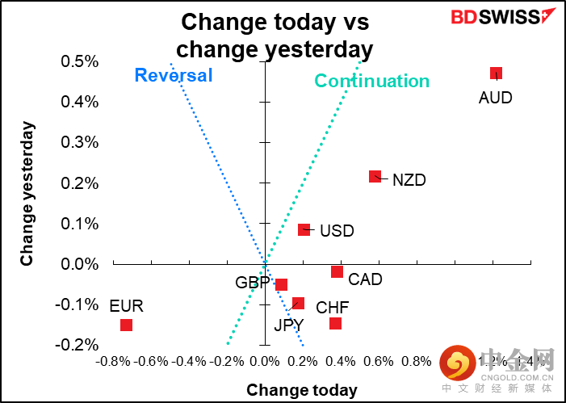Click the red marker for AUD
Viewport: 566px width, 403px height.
tap(496, 73)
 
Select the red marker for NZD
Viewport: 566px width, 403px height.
tap(375, 176)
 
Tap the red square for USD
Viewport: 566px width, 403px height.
tap(304, 229)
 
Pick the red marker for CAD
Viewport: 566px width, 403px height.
tap(337, 271)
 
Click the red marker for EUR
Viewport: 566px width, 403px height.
tap(126, 325)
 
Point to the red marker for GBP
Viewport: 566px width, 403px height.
tap(281, 284)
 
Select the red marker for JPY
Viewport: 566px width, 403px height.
tap(298, 303)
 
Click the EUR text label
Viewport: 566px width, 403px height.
tap(126, 305)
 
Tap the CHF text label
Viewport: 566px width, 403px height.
tap(333, 308)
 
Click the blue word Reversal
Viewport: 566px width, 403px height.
tap(173, 76)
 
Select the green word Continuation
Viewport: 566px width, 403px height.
tap(371, 81)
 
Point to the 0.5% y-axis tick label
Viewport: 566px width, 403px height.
tap(79, 61)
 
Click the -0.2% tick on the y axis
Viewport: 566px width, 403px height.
tap(78, 345)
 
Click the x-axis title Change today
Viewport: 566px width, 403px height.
tap(301, 390)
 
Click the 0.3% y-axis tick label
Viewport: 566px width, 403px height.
tap(79, 143)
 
